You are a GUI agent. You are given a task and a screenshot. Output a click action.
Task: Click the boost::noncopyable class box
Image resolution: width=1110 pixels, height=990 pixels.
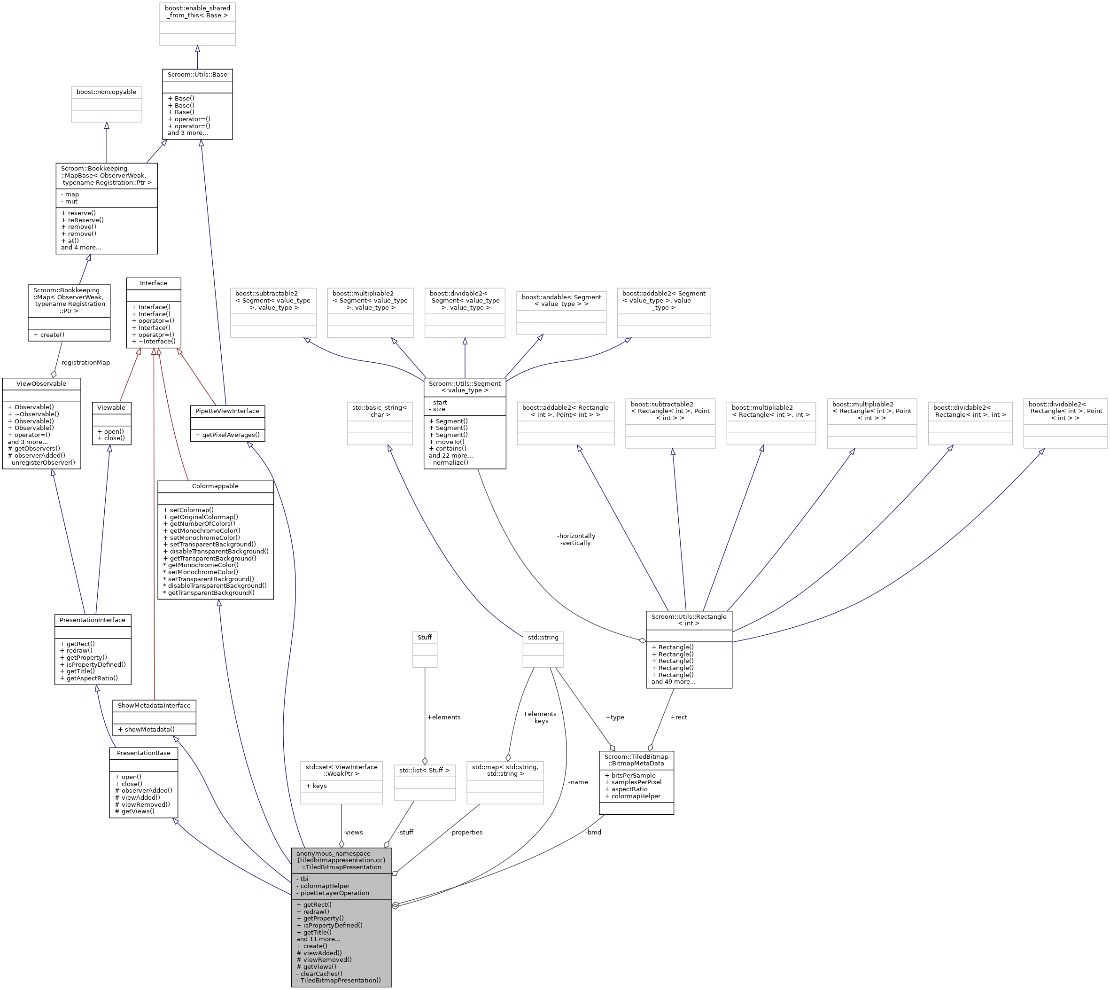pyautogui.click(x=107, y=104)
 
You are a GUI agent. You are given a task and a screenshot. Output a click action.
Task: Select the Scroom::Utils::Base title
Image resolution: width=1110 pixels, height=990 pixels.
pyautogui.click(x=197, y=75)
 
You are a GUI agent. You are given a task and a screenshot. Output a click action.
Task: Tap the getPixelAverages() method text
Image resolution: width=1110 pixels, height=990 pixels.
pyautogui.click(x=227, y=435)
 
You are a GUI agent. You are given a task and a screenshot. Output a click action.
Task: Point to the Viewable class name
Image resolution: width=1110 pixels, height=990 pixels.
pyautogui.click(x=111, y=408)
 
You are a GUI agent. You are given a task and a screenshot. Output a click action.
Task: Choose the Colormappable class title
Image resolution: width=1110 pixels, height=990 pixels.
pyautogui.click(x=215, y=486)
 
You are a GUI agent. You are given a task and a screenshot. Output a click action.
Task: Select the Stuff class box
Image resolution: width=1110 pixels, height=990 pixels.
pyautogui.click(x=425, y=649)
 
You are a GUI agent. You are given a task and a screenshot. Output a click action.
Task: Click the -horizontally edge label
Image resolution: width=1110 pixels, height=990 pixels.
pyautogui.click(x=576, y=536)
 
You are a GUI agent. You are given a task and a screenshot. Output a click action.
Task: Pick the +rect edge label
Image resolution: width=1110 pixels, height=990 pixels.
pyautogui.click(x=679, y=717)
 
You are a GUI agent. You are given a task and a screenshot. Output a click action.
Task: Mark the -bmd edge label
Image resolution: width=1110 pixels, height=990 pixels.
pyautogui.click(x=593, y=832)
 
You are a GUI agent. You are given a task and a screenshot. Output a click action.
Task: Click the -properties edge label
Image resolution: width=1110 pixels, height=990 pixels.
pyautogui.click(x=466, y=832)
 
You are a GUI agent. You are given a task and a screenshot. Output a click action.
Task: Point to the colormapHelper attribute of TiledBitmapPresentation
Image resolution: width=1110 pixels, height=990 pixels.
pyautogui.click(x=325, y=886)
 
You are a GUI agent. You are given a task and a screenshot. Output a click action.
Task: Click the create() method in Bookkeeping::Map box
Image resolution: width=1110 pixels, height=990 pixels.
pyautogui.click(x=49, y=335)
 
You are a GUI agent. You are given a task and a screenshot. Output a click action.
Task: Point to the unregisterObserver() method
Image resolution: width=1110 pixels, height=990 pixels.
pyautogui.click(x=41, y=463)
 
